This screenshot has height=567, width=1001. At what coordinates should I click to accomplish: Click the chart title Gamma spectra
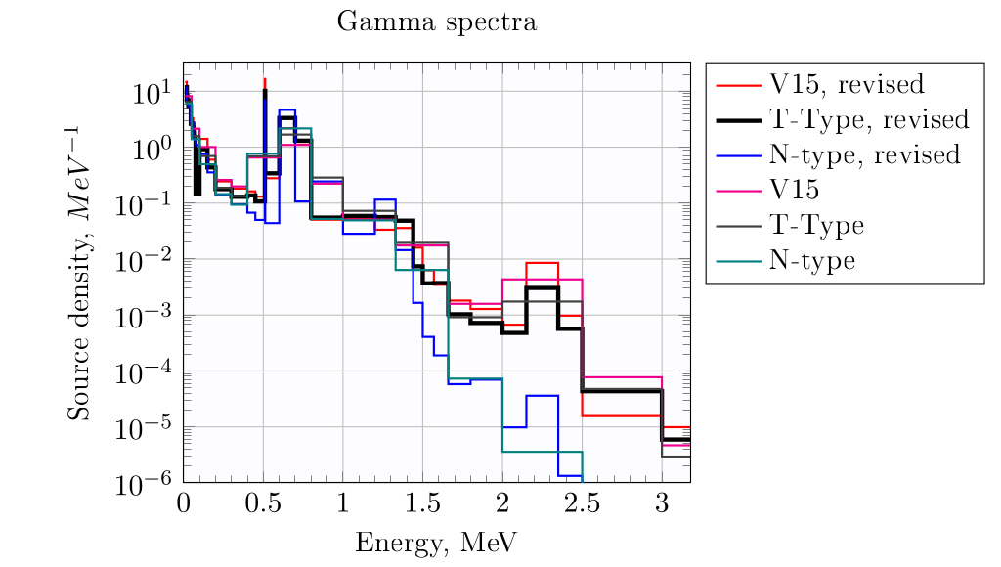[437, 22]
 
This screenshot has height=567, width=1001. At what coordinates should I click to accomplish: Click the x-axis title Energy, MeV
[437, 541]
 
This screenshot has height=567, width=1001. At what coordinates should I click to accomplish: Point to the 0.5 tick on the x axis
[263, 503]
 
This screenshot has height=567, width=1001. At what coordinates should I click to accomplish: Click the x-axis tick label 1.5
[422, 503]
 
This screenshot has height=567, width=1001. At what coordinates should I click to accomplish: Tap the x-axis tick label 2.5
[582, 503]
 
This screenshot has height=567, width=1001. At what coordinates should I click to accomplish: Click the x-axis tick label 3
[662, 503]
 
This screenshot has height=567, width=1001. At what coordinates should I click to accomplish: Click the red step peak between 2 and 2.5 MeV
[542, 263]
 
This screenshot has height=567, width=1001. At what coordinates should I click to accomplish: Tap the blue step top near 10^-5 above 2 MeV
[542, 396]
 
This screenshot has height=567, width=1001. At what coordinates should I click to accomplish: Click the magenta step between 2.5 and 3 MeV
[622, 376]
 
